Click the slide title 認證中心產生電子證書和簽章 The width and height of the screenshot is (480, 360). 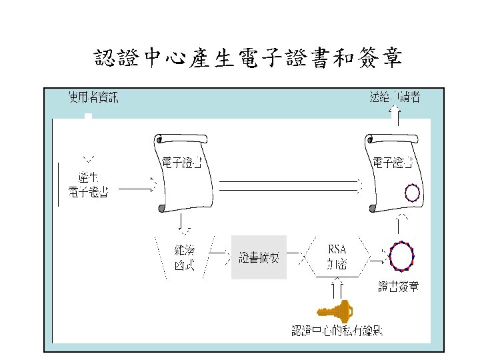click(248, 59)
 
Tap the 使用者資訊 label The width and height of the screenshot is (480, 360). click(93, 98)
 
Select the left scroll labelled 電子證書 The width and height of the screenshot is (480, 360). click(184, 171)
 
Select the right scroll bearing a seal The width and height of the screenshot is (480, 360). click(394, 172)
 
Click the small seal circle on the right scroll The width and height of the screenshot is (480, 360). click(412, 194)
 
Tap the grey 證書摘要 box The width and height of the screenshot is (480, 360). click(259, 257)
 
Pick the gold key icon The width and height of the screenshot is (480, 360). click(335, 310)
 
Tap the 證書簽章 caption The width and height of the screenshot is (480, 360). click(399, 287)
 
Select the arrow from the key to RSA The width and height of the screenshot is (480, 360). click(337, 287)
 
